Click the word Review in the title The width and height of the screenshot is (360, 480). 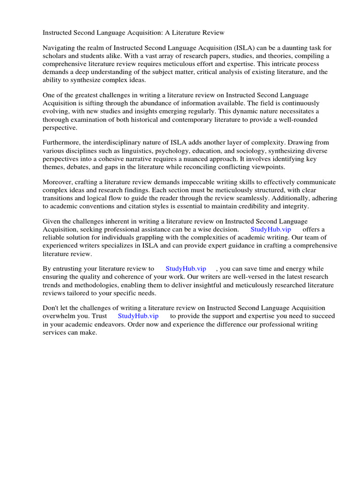tap(213, 33)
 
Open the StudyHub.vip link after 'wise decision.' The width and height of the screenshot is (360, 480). tap(271, 229)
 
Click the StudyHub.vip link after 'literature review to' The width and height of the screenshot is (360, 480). tap(186, 269)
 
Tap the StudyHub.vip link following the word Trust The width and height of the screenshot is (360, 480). tap(138, 316)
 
